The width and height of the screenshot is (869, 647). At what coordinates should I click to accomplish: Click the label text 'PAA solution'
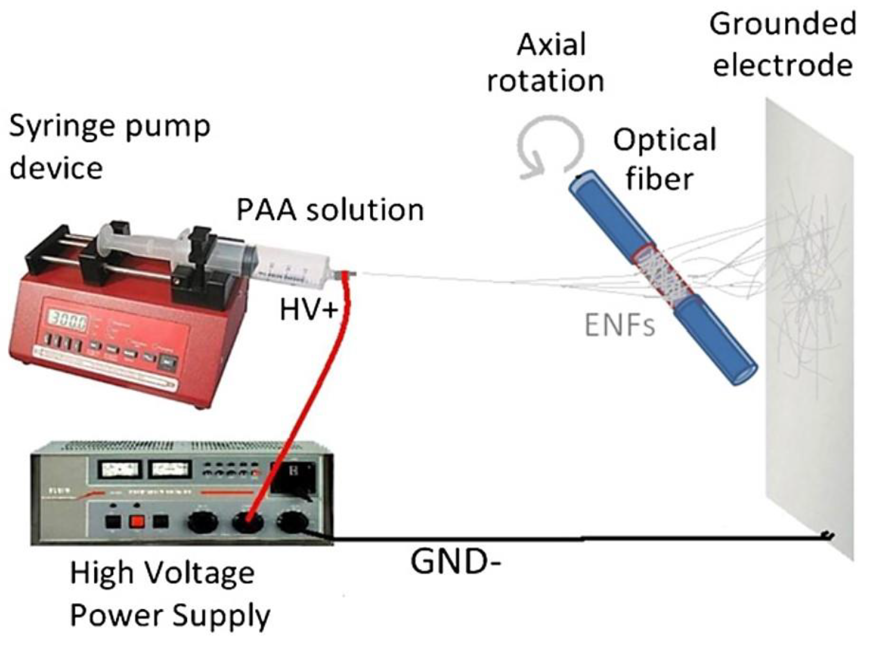tap(330, 210)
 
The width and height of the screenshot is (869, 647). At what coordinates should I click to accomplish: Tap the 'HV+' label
tap(309, 309)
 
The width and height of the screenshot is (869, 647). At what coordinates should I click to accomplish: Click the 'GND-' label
tap(455, 561)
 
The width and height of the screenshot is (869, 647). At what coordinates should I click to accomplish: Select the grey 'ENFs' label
tap(620, 326)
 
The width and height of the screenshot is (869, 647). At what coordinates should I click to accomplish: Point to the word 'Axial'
tap(551, 45)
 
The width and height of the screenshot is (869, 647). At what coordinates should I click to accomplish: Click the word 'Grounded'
tap(782, 24)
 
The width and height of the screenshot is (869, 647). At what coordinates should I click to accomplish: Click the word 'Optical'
tap(665, 140)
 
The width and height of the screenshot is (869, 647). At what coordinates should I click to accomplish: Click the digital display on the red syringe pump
tap(68, 320)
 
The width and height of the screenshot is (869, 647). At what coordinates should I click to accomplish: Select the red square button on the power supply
tap(137, 521)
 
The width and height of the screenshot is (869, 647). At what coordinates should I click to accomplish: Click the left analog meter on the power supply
tap(119, 470)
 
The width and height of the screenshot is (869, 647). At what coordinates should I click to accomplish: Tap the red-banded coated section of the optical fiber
tap(662, 275)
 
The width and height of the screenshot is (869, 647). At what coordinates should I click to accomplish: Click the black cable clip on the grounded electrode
tap(828, 535)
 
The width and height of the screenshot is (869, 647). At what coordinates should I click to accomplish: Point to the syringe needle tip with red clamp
tap(346, 273)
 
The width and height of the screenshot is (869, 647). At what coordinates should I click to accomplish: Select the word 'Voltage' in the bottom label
tap(200, 573)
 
